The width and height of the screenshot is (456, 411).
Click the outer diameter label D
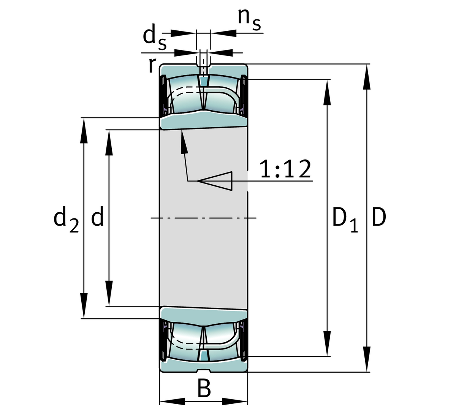[378, 218]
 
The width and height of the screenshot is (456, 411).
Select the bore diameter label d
[97, 218]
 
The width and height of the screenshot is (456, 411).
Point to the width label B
[204, 388]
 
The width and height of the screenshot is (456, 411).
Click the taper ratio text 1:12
[285, 169]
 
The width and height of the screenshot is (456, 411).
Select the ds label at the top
[154, 38]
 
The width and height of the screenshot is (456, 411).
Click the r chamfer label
[152, 65]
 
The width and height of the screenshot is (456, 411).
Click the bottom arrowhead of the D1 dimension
[327, 344]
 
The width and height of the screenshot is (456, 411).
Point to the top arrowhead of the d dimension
[109, 142]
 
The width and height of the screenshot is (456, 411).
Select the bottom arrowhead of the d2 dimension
[84, 306]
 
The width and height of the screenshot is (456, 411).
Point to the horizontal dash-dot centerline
[203, 218]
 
